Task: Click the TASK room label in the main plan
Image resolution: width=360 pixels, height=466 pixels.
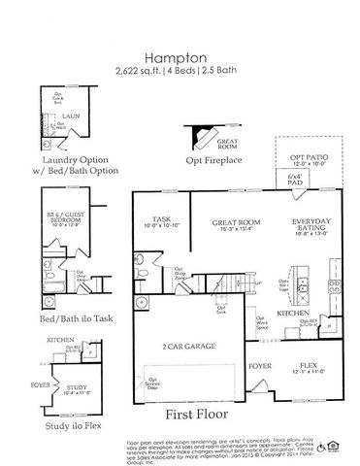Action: [x=160, y=219]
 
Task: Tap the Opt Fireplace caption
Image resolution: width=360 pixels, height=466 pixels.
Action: [x=213, y=159]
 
